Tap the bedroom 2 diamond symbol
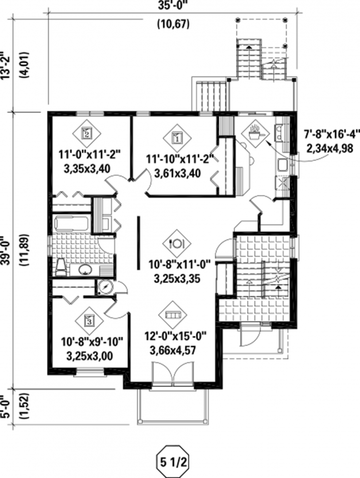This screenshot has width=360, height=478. coord(87,133)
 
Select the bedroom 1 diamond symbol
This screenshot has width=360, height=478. coord(177,138)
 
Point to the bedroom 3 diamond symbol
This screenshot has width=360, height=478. coord(89,320)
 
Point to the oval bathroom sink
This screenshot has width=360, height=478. coord(85,270)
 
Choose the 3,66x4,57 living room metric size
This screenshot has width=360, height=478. coord(172,350)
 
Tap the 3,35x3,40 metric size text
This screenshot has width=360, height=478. coord(87,169)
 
